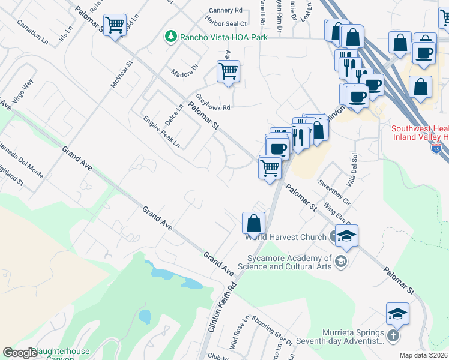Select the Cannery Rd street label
[x=225, y=11]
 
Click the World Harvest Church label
[x=285, y=237]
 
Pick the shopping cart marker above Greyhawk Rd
[x=228, y=71]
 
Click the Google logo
[x=20, y=353]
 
